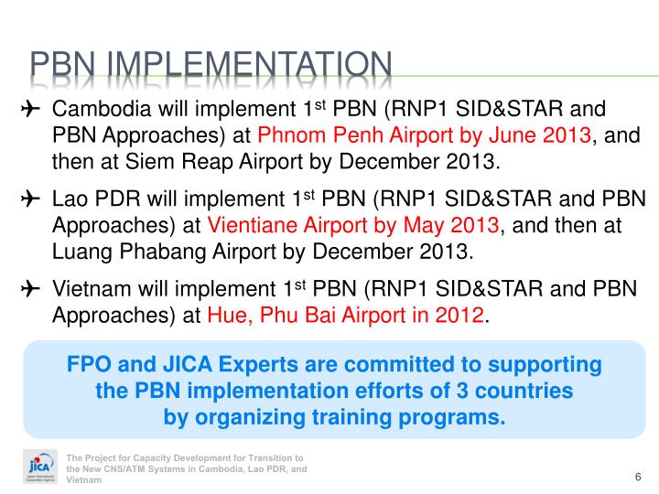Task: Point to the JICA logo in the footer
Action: (38, 467)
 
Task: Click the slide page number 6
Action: (636, 478)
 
